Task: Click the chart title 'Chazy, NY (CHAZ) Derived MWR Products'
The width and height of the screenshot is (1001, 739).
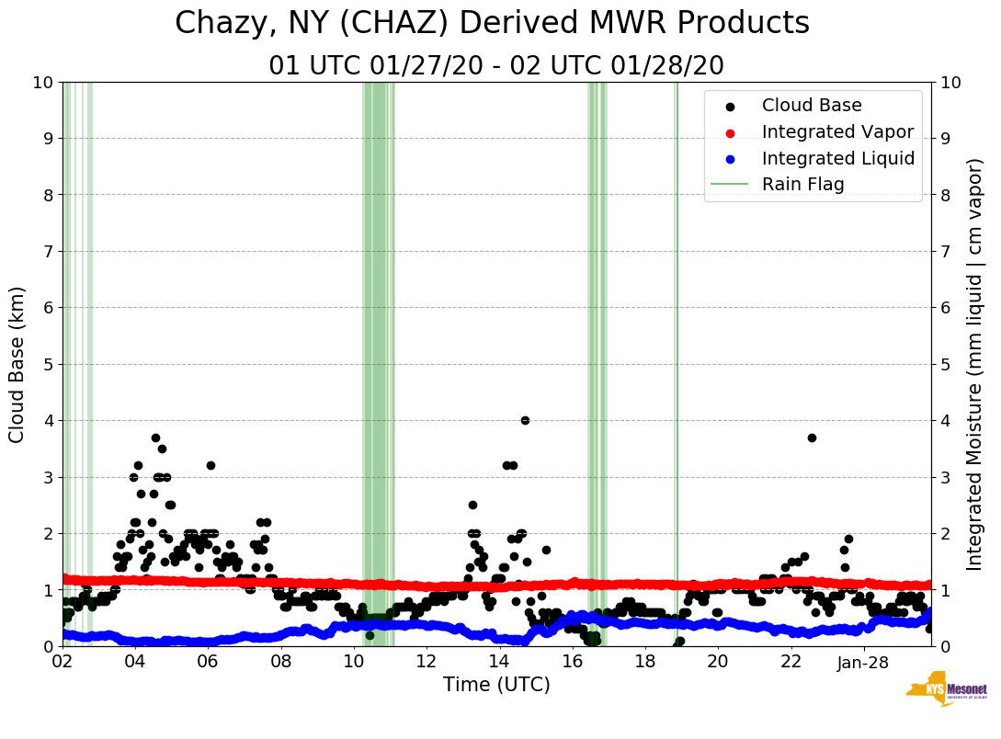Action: tap(492, 23)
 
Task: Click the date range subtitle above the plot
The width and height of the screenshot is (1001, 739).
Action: tap(496, 65)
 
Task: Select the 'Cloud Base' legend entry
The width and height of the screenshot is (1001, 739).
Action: tap(812, 106)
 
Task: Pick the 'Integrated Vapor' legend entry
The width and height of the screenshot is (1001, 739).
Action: tap(837, 131)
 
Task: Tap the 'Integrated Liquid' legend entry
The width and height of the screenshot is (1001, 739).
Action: tap(838, 158)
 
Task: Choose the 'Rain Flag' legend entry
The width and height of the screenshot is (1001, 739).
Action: tap(802, 184)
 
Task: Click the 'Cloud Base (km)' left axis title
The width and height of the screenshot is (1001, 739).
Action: tap(17, 364)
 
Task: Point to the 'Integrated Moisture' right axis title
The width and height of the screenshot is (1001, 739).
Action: tap(975, 364)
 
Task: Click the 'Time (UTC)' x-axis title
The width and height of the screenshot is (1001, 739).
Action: tap(496, 685)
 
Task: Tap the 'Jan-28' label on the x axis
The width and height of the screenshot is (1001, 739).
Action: tap(862, 663)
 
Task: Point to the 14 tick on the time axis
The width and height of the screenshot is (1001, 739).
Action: tap(498, 663)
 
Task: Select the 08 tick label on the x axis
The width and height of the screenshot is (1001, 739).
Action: tap(280, 663)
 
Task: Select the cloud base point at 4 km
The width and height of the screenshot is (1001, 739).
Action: tap(525, 420)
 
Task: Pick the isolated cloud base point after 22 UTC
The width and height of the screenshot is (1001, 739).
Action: tap(812, 438)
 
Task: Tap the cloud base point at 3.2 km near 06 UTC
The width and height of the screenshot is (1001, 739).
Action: tap(210, 465)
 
